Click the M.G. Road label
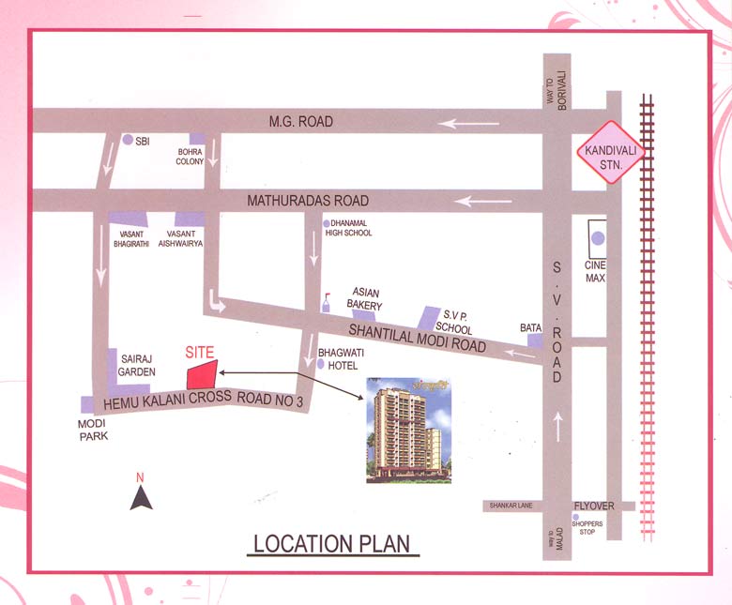tap(300, 122)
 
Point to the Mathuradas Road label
tap(308, 201)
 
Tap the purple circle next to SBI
tap(128, 140)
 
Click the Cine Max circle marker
tap(598, 239)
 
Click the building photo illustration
tap(408, 431)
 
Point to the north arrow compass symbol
tap(141, 497)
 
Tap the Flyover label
tap(594, 506)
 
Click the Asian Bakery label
tap(366, 298)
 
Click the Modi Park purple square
tap(88, 404)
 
